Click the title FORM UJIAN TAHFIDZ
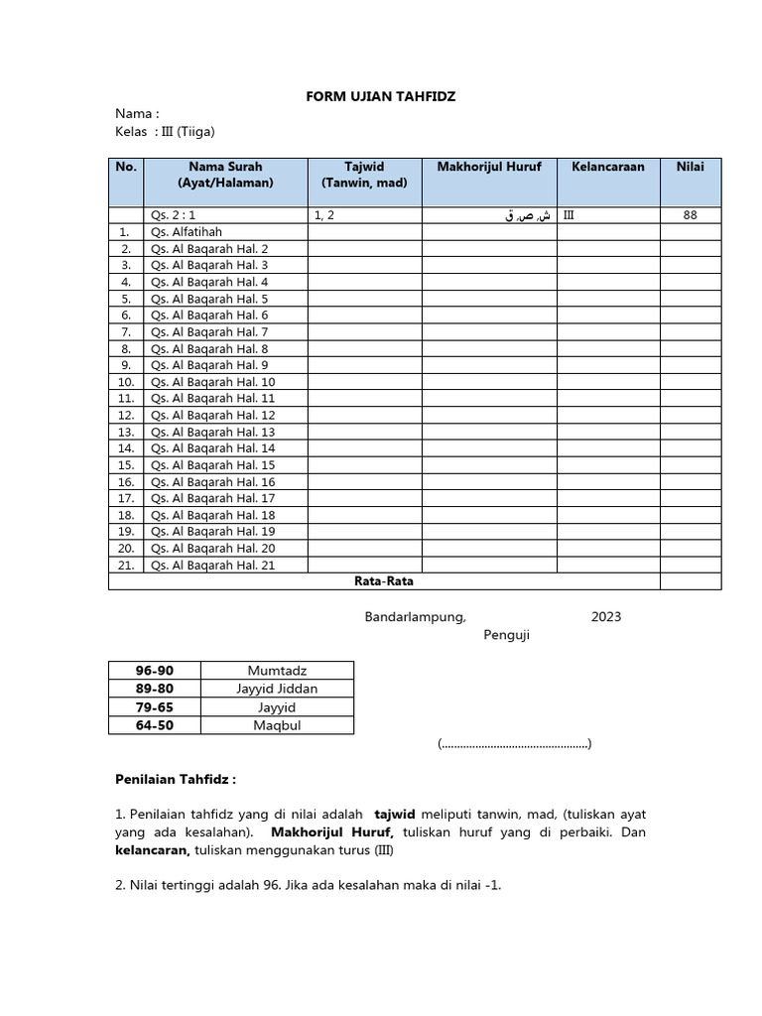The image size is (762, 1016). coord(380,96)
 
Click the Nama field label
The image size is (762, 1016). coord(137,114)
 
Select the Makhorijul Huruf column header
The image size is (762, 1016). coord(489,167)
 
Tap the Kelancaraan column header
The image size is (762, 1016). coord(607,167)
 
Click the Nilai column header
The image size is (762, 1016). coord(691,167)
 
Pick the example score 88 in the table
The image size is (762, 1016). coord(691,214)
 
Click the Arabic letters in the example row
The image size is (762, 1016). coord(527,215)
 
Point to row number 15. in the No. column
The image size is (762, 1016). coord(126,465)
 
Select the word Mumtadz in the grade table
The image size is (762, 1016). coord(277,671)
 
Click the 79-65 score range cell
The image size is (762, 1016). coord(154,707)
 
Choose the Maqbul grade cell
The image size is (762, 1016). coord(277,725)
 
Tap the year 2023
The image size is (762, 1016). coord(605,617)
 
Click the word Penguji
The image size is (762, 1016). coord(506,636)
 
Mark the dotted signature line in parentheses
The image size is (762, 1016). coord(514,743)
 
